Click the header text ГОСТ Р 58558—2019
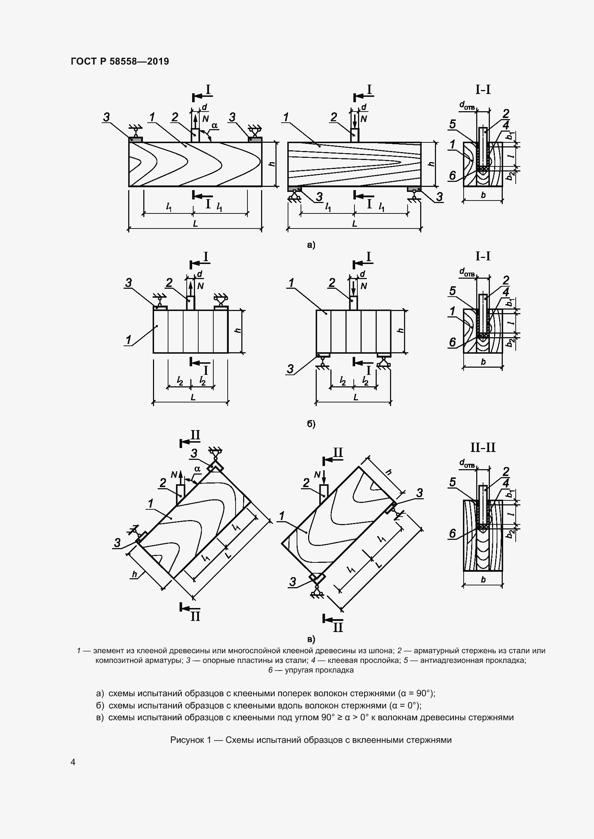tap(120, 61)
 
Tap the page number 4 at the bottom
tap(73, 762)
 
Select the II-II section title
tap(483, 447)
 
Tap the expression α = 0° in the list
tap(405, 705)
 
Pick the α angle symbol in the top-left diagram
tap(214, 125)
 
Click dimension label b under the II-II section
tap(483, 580)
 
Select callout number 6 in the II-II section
tap(453, 534)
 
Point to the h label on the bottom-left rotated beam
tap(134, 574)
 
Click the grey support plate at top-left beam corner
tap(135, 139)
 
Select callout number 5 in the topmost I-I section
tap(453, 124)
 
